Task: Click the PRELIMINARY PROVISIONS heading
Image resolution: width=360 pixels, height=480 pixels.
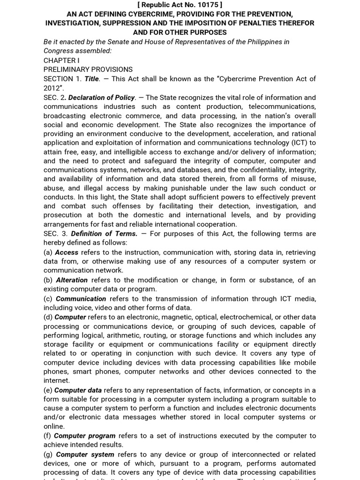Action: pos(88,69)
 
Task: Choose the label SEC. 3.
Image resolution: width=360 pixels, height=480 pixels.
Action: pos(55,233)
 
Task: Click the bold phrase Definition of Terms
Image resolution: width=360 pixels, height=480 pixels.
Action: pos(104,233)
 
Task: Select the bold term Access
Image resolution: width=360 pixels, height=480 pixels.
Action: pos(67,252)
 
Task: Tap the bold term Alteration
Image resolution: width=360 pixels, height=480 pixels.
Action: pos(72,280)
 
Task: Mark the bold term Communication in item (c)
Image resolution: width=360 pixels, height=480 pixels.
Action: pos(81,299)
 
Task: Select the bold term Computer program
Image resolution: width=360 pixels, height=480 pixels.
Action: pos(84,435)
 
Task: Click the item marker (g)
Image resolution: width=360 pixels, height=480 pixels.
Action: pos(48,454)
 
